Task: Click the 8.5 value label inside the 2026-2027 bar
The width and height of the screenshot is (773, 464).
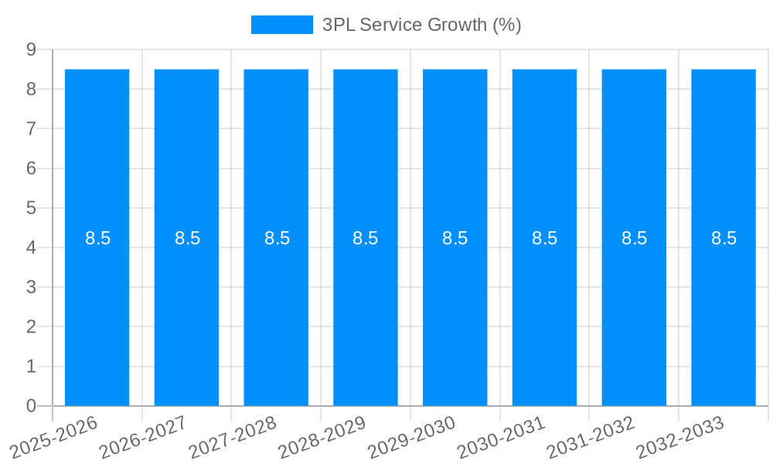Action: [x=187, y=238]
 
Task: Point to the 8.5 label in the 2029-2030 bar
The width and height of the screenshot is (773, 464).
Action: [x=455, y=238]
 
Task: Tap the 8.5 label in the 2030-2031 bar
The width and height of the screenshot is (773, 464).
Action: [x=545, y=238]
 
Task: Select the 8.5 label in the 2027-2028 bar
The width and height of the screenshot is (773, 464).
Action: [x=277, y=238]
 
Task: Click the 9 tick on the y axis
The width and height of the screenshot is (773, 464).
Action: [x=31, y=49]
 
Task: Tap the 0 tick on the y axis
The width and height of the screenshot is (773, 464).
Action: [x=31, y=406]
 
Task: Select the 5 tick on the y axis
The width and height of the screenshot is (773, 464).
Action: [x=31, y=208]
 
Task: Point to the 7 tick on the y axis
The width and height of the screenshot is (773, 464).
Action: [x=31, y=128]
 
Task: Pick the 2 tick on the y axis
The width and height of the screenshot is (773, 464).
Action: [x=31, y=326]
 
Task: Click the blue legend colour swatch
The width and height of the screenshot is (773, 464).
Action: [x=281, y=25]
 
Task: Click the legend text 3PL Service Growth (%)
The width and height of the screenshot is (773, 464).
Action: [x=421, y=25]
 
